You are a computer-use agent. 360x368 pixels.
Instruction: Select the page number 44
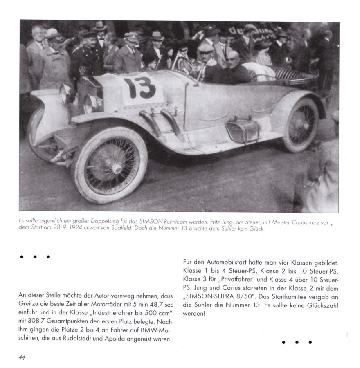click(22, 357)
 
